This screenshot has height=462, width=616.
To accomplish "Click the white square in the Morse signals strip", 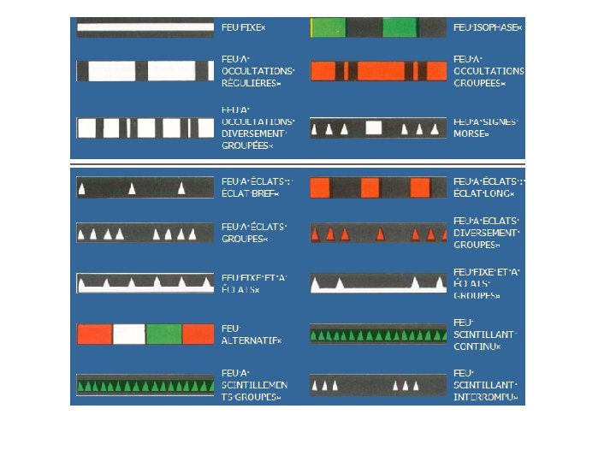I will click(x=372, y=128).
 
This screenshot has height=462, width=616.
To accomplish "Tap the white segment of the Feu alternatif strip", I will click(x=129, y=334).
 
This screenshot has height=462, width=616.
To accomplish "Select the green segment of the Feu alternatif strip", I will click(x=163, y=334).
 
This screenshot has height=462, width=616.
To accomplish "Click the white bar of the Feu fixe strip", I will click(x=145, y=28).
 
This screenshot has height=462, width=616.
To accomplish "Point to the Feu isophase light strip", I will click(x=378, y=27).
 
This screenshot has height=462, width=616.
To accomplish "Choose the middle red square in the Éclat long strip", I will click(x=370, y=187).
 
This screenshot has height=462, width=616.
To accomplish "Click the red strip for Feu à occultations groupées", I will click(x=378, y=70).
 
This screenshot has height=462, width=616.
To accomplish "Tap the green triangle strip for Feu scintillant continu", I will click(x=378, y=335).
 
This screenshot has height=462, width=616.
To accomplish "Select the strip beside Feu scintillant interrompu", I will click(x=378, y=386).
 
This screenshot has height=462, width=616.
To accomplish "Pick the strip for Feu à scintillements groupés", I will click(x=145, y=386).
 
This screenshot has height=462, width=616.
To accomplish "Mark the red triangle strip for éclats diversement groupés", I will click(x=378, y=234).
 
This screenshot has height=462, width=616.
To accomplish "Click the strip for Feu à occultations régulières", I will click(x=145, y=70).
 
